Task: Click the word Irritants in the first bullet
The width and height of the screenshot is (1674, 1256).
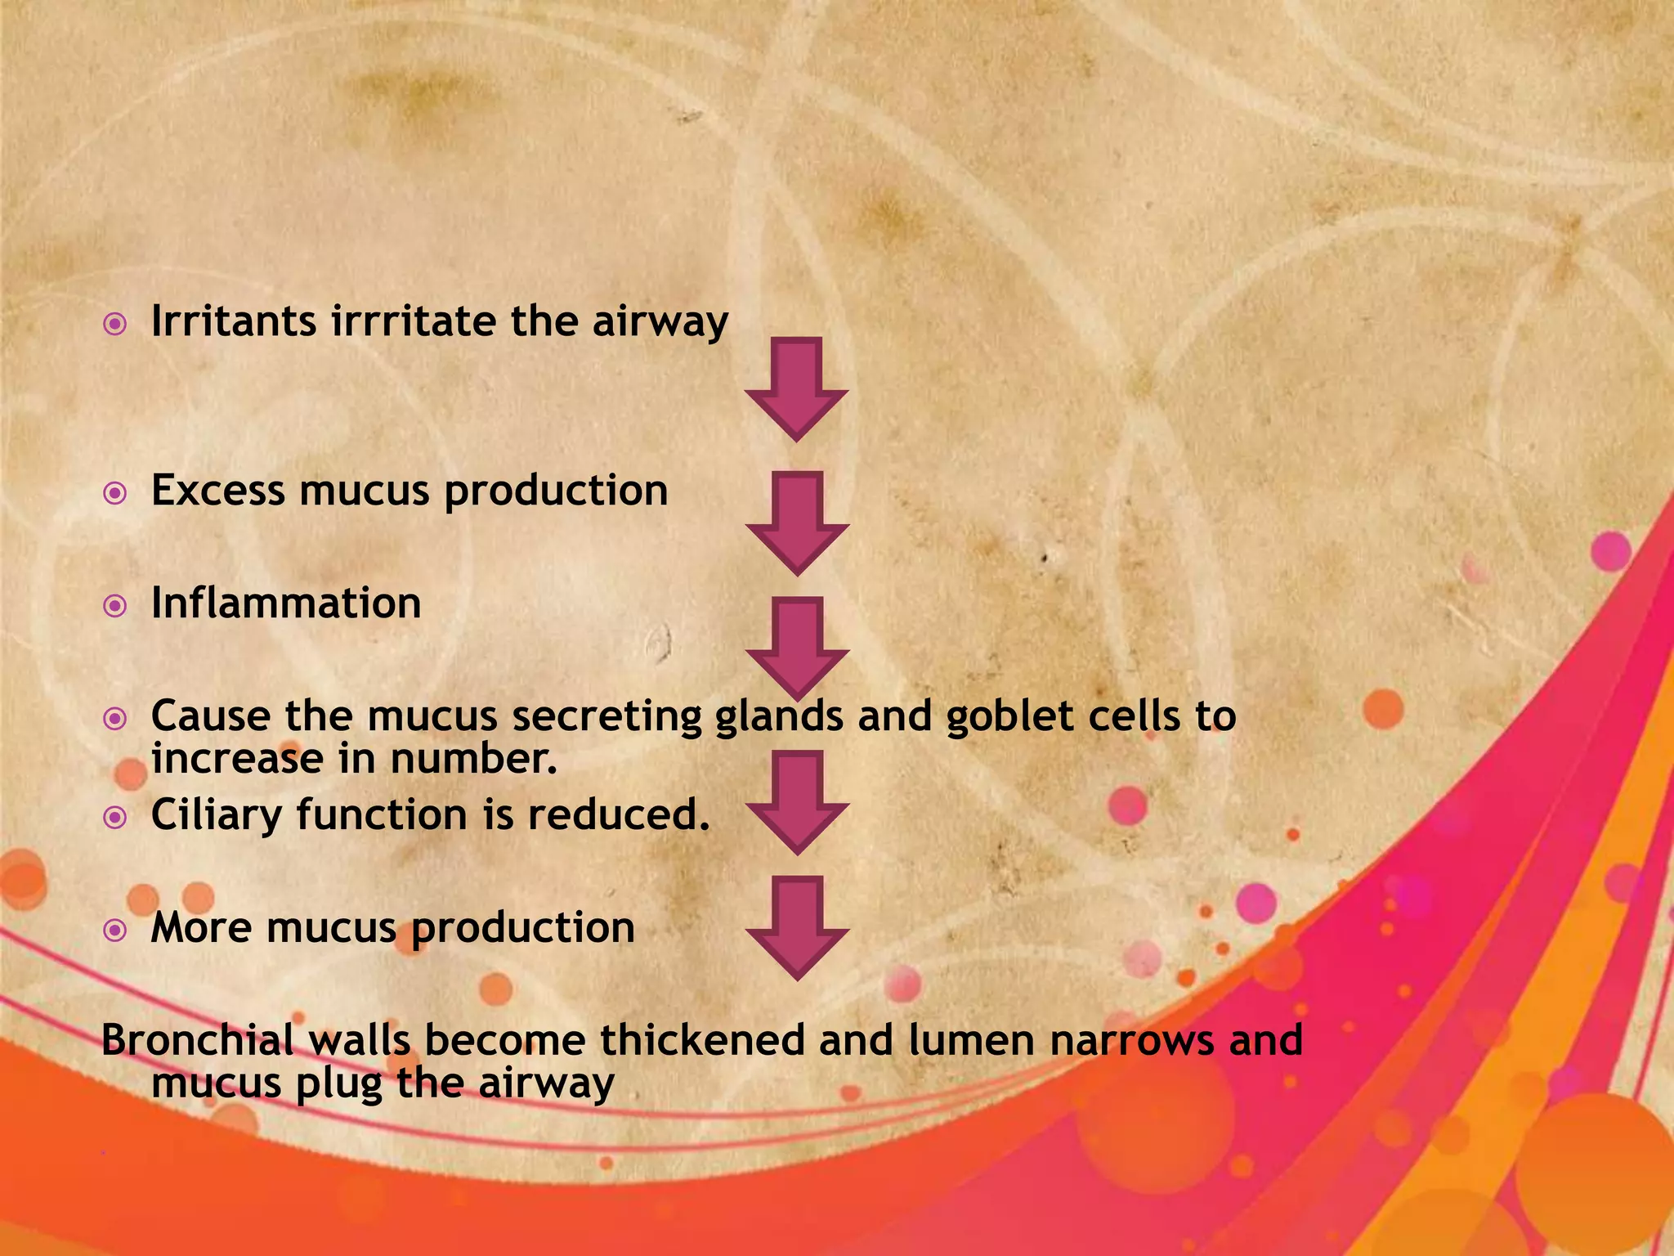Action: click(x=234, y=321)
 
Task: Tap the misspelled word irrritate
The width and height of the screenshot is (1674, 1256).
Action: click(x=414, y=321)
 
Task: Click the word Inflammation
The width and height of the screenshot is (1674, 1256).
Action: click(x=286, y=603)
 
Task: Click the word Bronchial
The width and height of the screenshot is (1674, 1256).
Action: click(x=197, y=1040)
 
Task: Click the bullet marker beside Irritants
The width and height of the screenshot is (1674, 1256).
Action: click(x=115, y=325)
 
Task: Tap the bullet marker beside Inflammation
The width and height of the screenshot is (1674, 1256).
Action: click(x=115, y=607)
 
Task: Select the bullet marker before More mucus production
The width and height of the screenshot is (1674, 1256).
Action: click(x=115, y=931)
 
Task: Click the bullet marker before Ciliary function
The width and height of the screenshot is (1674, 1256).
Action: click(x=115, y=818)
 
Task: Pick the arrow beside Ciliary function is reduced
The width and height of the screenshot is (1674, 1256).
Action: click(x=797, y=801)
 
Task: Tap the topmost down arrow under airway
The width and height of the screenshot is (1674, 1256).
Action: click(x=797, y=388)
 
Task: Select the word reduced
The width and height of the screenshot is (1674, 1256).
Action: click(x=619, y=814)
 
